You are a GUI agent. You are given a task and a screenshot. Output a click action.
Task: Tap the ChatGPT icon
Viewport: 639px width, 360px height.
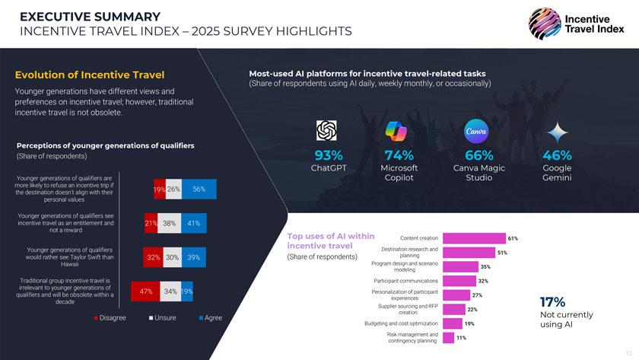[x=328, y=130]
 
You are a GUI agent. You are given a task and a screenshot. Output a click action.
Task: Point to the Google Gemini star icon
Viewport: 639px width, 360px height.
[x=558, y=131]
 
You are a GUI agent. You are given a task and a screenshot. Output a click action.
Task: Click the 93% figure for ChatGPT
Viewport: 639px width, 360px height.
[x=328, y=155]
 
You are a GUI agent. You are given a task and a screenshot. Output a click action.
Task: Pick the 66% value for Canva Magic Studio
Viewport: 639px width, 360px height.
[x=478, y=155]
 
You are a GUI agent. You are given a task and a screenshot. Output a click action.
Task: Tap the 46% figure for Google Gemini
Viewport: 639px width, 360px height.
[x=557, y=155]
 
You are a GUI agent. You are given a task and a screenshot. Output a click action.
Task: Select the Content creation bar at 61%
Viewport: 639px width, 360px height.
[x=473, y=238]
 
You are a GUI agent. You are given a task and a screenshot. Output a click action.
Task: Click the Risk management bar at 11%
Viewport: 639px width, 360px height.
[x=447, y=337]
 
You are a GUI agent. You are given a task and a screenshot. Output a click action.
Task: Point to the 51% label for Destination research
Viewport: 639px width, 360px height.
[x=502, y=253]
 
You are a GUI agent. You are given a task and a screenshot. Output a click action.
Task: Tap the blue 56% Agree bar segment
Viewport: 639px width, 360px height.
[x=199, y=189]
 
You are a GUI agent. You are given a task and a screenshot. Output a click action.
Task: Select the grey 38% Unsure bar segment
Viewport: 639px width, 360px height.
[x=169, y=224]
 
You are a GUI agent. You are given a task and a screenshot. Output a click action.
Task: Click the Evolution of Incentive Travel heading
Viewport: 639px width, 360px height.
[x=90, y=75]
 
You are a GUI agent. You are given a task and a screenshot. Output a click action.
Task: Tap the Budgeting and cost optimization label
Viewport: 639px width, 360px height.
[x=402, y=323]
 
